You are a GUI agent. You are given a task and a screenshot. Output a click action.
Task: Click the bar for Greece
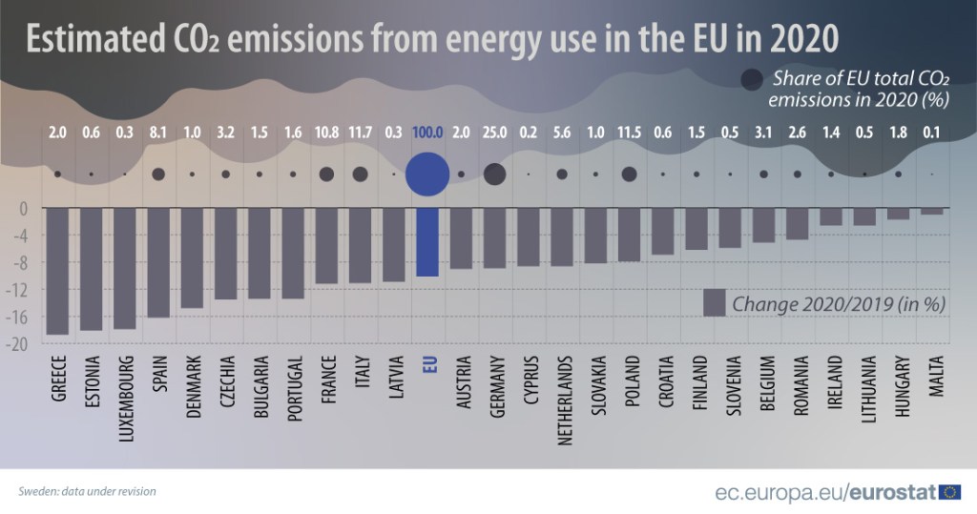pos(57,271)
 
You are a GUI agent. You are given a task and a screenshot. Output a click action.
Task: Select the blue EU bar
pos(426,242)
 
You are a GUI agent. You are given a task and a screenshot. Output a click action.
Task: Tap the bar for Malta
pos(931,212)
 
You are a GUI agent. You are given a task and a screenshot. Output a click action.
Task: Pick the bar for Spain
pos(158,262)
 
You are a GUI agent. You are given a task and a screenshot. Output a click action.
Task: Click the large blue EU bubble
pos(426,175)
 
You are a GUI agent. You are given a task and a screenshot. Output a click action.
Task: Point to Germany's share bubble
pos(494,175)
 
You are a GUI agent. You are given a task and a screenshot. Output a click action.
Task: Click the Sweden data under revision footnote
pos(87,492)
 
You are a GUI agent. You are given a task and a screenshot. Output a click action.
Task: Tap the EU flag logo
pos(949,492)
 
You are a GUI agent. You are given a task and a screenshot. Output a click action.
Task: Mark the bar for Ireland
pos(831,216)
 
